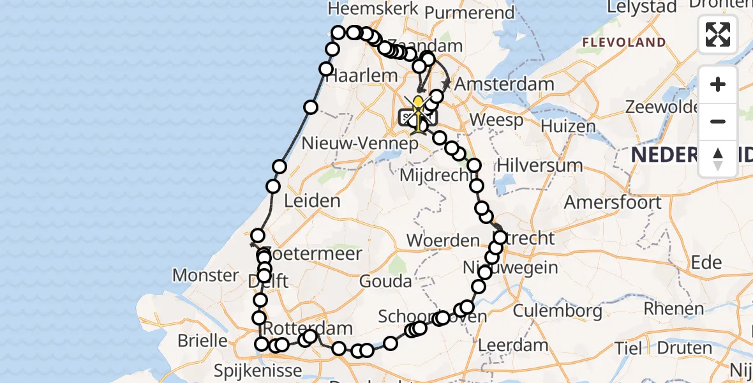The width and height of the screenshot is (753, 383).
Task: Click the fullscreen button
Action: click(718, 34)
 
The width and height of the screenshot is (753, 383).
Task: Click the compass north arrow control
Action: click(718, 158)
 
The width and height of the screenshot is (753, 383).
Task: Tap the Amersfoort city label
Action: click(613, 203)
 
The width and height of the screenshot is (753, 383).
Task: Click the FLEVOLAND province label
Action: click(623, 43)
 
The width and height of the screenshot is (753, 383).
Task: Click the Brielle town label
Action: click(202, 340)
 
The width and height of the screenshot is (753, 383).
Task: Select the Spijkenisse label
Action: click(258, 370)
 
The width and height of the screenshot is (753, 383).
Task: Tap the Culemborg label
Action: click(557, 311)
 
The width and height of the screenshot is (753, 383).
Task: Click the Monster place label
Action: click(205, 276)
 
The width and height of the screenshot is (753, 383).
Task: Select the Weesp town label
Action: click(496, 120)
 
